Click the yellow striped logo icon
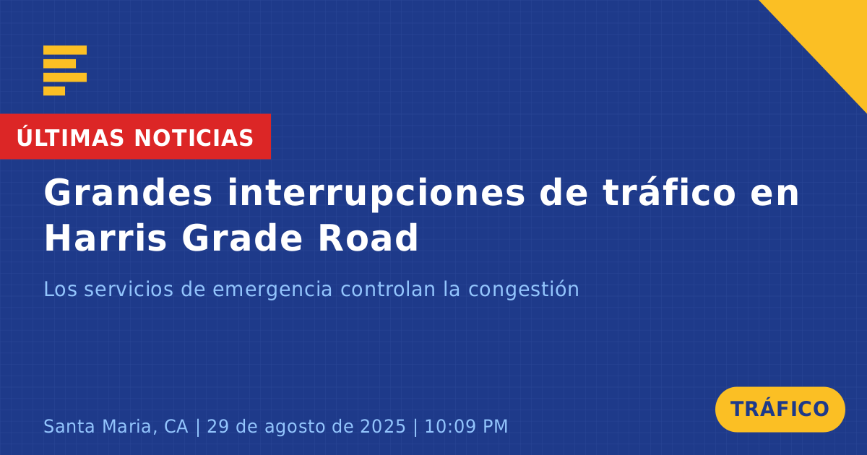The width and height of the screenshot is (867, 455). pyautogui.click(x=65, y=71)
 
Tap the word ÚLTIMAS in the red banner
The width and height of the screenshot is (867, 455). pyautogui.click(x=70, y=136)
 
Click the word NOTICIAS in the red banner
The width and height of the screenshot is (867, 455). pyautogui.click(x=194, y=138)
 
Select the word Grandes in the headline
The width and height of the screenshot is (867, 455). pyautogui.click(x=128, y=192)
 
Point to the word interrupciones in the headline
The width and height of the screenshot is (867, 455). pyautogui.click(x=376, y=194)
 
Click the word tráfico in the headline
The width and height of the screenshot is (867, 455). pyautogui.click(x=669, y=192)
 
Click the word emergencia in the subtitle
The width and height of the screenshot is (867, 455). pyautogui.click(x=272, y=290)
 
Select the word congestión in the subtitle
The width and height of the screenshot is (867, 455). pyautogui.click(x=523, y=289)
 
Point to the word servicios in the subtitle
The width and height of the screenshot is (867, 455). pyautogui.click(x=129, y=289)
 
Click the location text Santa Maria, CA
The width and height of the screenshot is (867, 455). pyautogui.click(x=116, y=427)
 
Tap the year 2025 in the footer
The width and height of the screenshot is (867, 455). pyautogui.click(x=383, y=426)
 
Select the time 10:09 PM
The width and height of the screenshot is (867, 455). pyautogui.click(x=466, y=426)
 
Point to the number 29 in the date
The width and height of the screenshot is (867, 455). pyautogui.click(x=218, y=426)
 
